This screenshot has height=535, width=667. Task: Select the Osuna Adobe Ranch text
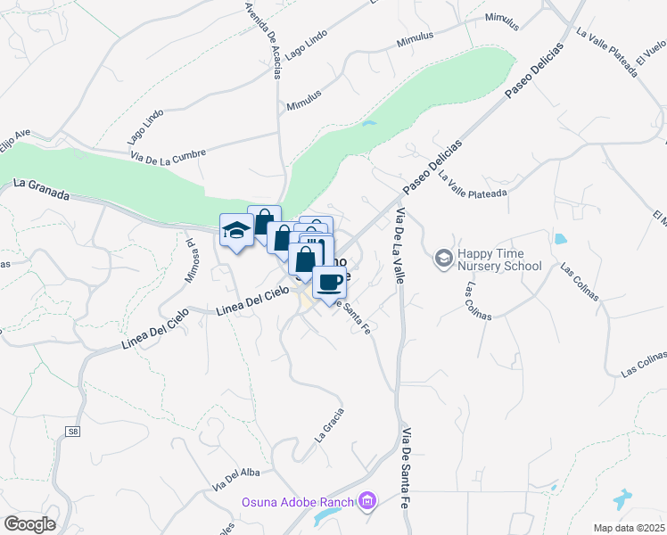click(298, 502)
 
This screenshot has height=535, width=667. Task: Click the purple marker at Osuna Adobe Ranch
click(366, 502)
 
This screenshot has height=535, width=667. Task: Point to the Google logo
click(29, 524)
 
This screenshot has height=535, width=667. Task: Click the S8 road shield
click(72, 432)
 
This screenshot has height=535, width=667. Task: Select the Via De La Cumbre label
click(168, 152)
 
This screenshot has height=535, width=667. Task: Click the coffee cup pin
click(329, 282)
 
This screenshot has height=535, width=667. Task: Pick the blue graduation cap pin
click(236, 230)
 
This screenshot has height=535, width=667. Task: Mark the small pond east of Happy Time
click(560, 239)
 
